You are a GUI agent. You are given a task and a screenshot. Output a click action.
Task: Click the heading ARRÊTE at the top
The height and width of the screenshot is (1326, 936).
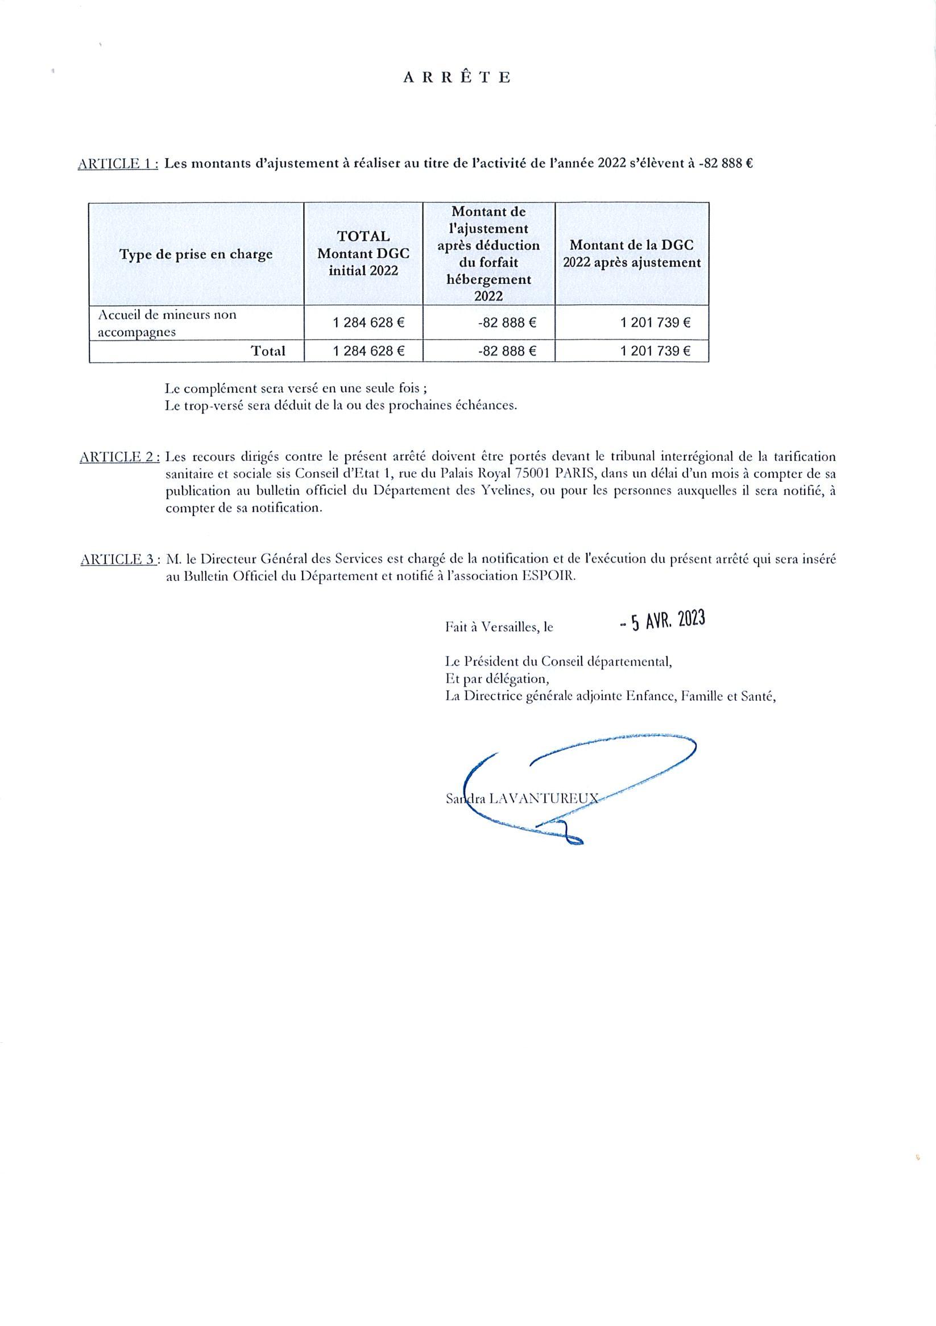tap(456, 78)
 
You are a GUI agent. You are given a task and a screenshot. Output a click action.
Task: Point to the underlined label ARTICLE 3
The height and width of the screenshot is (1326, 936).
tap(119, 559)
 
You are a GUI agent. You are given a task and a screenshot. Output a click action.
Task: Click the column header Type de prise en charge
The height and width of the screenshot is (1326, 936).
tap(196, 254)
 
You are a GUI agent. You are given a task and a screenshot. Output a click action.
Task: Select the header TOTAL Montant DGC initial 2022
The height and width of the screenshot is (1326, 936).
tap(363, 253)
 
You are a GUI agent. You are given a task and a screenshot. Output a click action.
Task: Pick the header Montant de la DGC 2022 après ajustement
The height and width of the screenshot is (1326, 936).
tap(632, 254)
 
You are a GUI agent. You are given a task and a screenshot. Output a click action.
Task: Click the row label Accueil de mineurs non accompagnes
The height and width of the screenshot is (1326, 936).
tap(167, 323)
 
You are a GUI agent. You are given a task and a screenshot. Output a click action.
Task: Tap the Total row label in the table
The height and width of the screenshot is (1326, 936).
tap(268, 351)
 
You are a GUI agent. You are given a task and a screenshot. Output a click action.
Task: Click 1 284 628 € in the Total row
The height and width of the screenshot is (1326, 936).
tap(368, 351)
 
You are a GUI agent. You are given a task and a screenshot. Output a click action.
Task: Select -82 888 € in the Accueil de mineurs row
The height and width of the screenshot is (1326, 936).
tap(507, 323)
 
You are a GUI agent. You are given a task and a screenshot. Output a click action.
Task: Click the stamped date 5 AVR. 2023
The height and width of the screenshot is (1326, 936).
tap(662, 621)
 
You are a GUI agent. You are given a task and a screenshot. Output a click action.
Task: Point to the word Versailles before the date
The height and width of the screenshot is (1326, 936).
tap(508, 627)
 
